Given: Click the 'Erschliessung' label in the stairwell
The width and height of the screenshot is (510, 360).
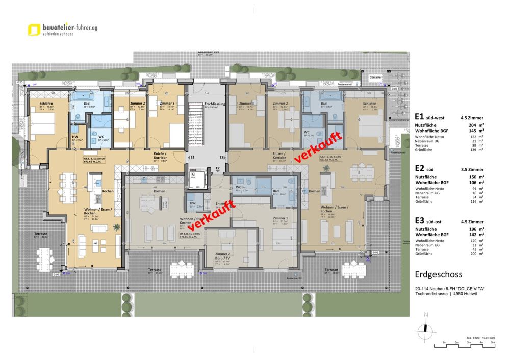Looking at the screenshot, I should pyautogui.click(x=212, y=104).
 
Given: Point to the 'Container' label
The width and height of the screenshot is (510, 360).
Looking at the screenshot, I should pyautogui.click(x=376, y=78).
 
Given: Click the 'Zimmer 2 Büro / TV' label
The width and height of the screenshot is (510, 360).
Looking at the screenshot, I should pyautogui.click(x=222, y=256).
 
